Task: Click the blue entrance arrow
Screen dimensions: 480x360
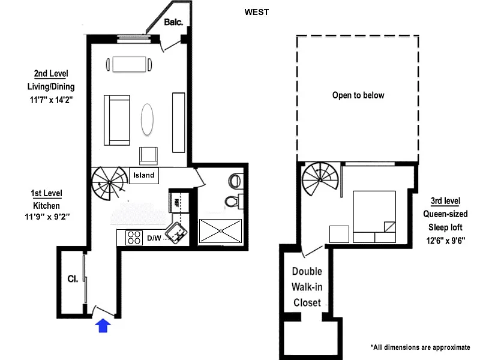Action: pyautogui.click(x=103, y=325)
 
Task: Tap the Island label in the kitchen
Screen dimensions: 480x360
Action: pyautogui.click(x=143, y=175)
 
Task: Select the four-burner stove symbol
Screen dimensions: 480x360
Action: pyautogui.click(x=134, y=238)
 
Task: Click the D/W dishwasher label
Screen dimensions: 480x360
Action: pyautogui.click(x=154, y=238)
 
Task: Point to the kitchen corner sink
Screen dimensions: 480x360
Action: pyautogui.click(x=176, y=232)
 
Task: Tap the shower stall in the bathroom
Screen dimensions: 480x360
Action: pyautogui.click(x=220, y=231)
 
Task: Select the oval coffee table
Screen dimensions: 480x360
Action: pyautogui.click(x=147, y=119)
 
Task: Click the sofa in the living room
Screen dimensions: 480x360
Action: pyautogui.click(x=116, y=120)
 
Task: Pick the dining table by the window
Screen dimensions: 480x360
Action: pyautogui.click(x=129, y=64)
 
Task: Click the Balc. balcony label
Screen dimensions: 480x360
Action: pyautogui.click(x=173, y=22)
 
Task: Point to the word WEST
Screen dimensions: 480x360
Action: pyautogui.click(x=257, y=12)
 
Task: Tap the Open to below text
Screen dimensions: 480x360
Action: pyautogui.click(x=358, y=95)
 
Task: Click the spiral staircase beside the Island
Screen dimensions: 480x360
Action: pyautogui.click(x=109, y=183)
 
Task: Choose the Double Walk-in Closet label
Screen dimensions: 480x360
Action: pyautogui.click(x=307, y=287)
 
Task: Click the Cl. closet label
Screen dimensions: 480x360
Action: pyautogui.click(x=73, y=279)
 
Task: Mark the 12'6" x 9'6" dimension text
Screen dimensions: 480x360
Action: pyautogui.click(x=445, y=241)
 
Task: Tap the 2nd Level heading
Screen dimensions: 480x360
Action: pyautogui.click(x=51, y=73)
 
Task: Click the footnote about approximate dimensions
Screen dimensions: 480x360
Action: pyautogui.click(x=421, y=347)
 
